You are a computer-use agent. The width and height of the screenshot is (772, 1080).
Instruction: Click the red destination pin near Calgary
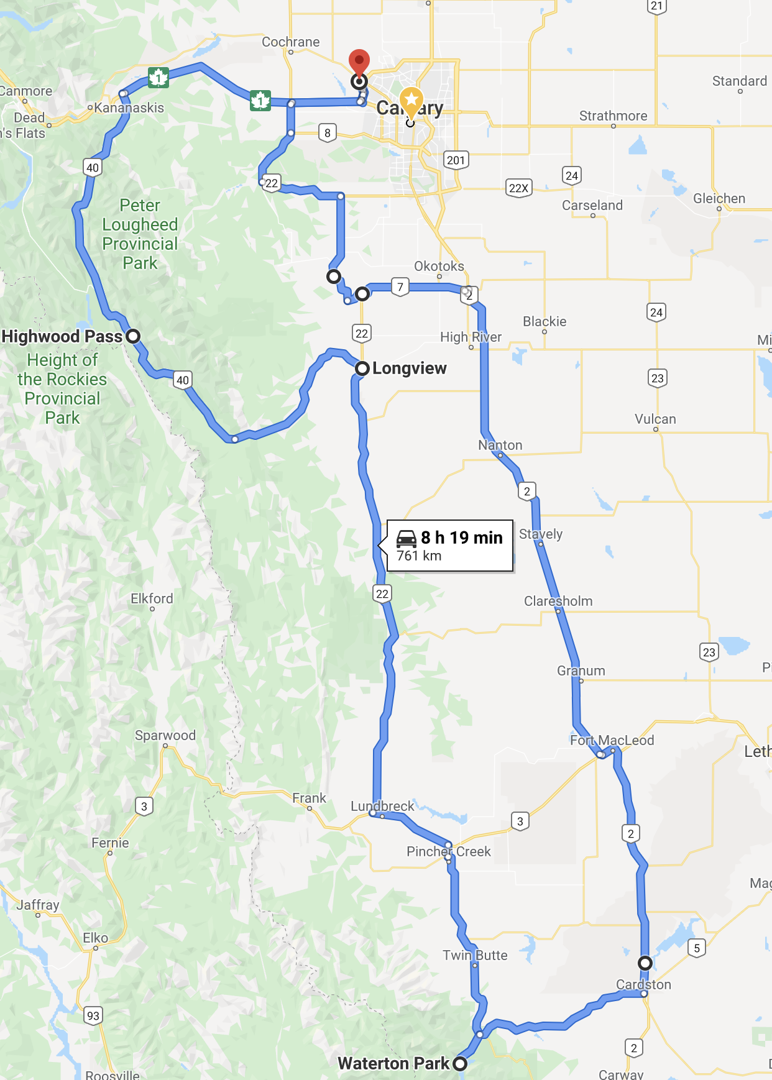[359, 62]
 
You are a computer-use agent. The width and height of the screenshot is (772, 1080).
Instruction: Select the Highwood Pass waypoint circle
[133, 336]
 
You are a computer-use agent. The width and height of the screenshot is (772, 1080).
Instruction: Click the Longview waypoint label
[409, 368]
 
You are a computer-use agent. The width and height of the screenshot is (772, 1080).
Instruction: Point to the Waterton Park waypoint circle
[460, 1063]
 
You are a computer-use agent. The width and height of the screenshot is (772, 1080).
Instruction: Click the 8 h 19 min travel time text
[462, 538]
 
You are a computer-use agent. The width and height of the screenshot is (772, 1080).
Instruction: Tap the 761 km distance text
[419, 556]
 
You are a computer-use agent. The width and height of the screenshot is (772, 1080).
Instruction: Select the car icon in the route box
[407, 538]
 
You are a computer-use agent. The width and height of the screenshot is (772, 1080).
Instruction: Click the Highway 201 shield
[456, 160]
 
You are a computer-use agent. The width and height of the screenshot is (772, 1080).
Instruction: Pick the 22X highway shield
[519, 188]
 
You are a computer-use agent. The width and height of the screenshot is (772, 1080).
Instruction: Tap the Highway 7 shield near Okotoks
[400, 287]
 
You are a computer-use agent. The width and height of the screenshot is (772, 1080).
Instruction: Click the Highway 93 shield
[93, 1016]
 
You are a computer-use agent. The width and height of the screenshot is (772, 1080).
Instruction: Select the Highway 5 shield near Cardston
[697, 948]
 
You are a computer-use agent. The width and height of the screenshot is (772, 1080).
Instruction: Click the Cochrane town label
[290, 42]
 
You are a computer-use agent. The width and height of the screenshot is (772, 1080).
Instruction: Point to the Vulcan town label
[655, 419]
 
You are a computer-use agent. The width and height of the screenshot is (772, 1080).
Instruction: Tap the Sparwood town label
[165, 735]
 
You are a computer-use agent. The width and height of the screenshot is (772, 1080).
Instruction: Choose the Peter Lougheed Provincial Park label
[140, 234]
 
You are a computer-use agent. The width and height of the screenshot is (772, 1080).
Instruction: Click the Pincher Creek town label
[448, 851]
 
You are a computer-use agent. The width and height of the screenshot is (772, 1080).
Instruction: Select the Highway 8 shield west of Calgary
[328, 133]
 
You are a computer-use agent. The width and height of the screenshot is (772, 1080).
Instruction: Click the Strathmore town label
[613, 116]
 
